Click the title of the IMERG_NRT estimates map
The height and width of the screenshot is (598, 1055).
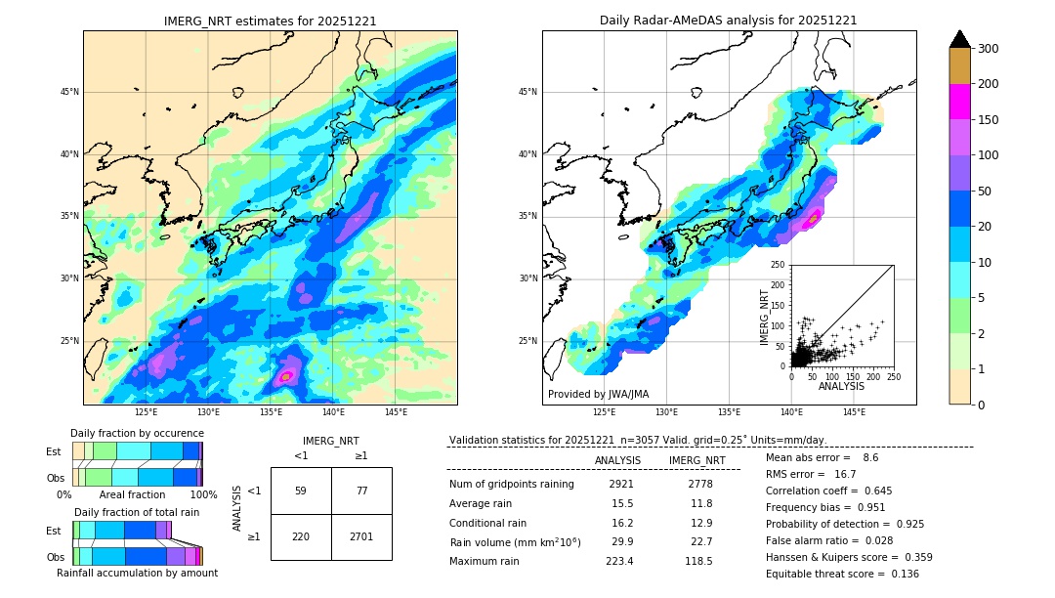point(270,21)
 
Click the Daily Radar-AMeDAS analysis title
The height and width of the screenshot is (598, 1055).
point(728,21)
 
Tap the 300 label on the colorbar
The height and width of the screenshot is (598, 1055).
point(988,49)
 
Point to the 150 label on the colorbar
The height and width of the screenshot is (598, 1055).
point(988,120)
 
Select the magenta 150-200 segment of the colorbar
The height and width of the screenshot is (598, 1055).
point(959,102)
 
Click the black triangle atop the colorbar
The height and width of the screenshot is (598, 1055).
point(959,39)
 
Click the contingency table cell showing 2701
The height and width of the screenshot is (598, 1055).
point(361,536)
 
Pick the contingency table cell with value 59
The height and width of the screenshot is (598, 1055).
point(301,491)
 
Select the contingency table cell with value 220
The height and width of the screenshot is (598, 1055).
point(301,536)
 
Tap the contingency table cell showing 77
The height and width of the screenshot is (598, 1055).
point(361,491)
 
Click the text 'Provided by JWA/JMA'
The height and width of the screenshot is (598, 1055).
point(598,395)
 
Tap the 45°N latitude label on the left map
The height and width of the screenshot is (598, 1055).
point(69,92)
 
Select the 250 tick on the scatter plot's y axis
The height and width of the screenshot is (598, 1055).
point(778,265)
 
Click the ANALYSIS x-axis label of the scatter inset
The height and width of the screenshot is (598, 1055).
point(841,386)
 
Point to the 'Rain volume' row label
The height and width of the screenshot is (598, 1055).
point(515,542)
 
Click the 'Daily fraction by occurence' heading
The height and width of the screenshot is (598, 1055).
point(137,433)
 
